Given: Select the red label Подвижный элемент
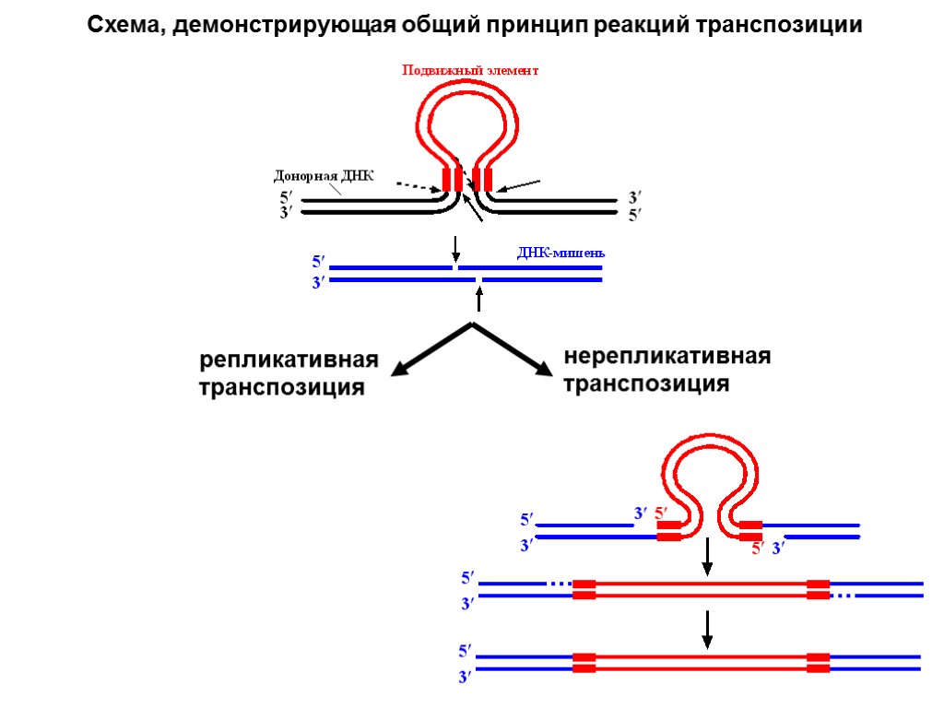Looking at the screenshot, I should point(469,70).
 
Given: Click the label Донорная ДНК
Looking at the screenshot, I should point(324,176).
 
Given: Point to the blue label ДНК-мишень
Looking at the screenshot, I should point(560,254).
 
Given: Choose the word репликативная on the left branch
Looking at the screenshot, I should point(289,360).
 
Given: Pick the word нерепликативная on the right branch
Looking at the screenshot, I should point(667,356).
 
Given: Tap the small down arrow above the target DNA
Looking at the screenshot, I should point(455,248).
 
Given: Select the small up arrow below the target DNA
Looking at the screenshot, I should point(478,298).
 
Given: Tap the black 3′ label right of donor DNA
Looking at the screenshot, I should point(634,198).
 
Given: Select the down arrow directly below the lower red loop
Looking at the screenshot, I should point(707,555).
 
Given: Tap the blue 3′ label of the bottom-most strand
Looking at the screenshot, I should point(466,678).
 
